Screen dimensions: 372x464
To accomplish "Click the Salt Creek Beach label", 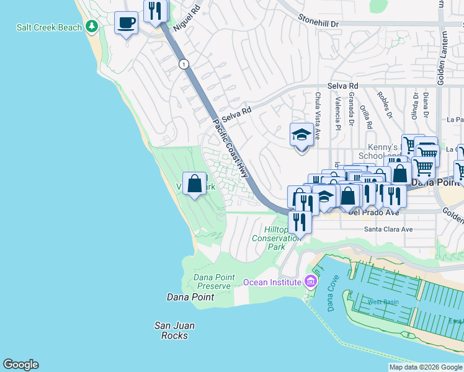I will tap(49, 27).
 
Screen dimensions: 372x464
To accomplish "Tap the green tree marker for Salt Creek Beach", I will tap(92, 26).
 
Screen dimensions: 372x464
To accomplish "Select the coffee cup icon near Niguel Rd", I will tap(127, 24).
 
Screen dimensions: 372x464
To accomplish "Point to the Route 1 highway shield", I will tap(183, 64).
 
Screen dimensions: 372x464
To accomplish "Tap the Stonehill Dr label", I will tap(319, 22).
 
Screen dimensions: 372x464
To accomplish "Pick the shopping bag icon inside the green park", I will tap(195, 184).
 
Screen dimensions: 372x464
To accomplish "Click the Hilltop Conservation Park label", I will tap(277, 238).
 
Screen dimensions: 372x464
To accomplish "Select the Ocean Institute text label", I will tap(272, 283).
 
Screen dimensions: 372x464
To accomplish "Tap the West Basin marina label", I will tap(383, 302).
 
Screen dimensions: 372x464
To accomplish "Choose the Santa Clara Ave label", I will tap(388, 229).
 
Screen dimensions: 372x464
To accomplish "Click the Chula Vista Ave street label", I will tap(317, 116).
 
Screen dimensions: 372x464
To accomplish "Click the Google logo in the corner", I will tap(20, 365).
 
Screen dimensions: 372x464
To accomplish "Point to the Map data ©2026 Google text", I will tap(426, 367).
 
